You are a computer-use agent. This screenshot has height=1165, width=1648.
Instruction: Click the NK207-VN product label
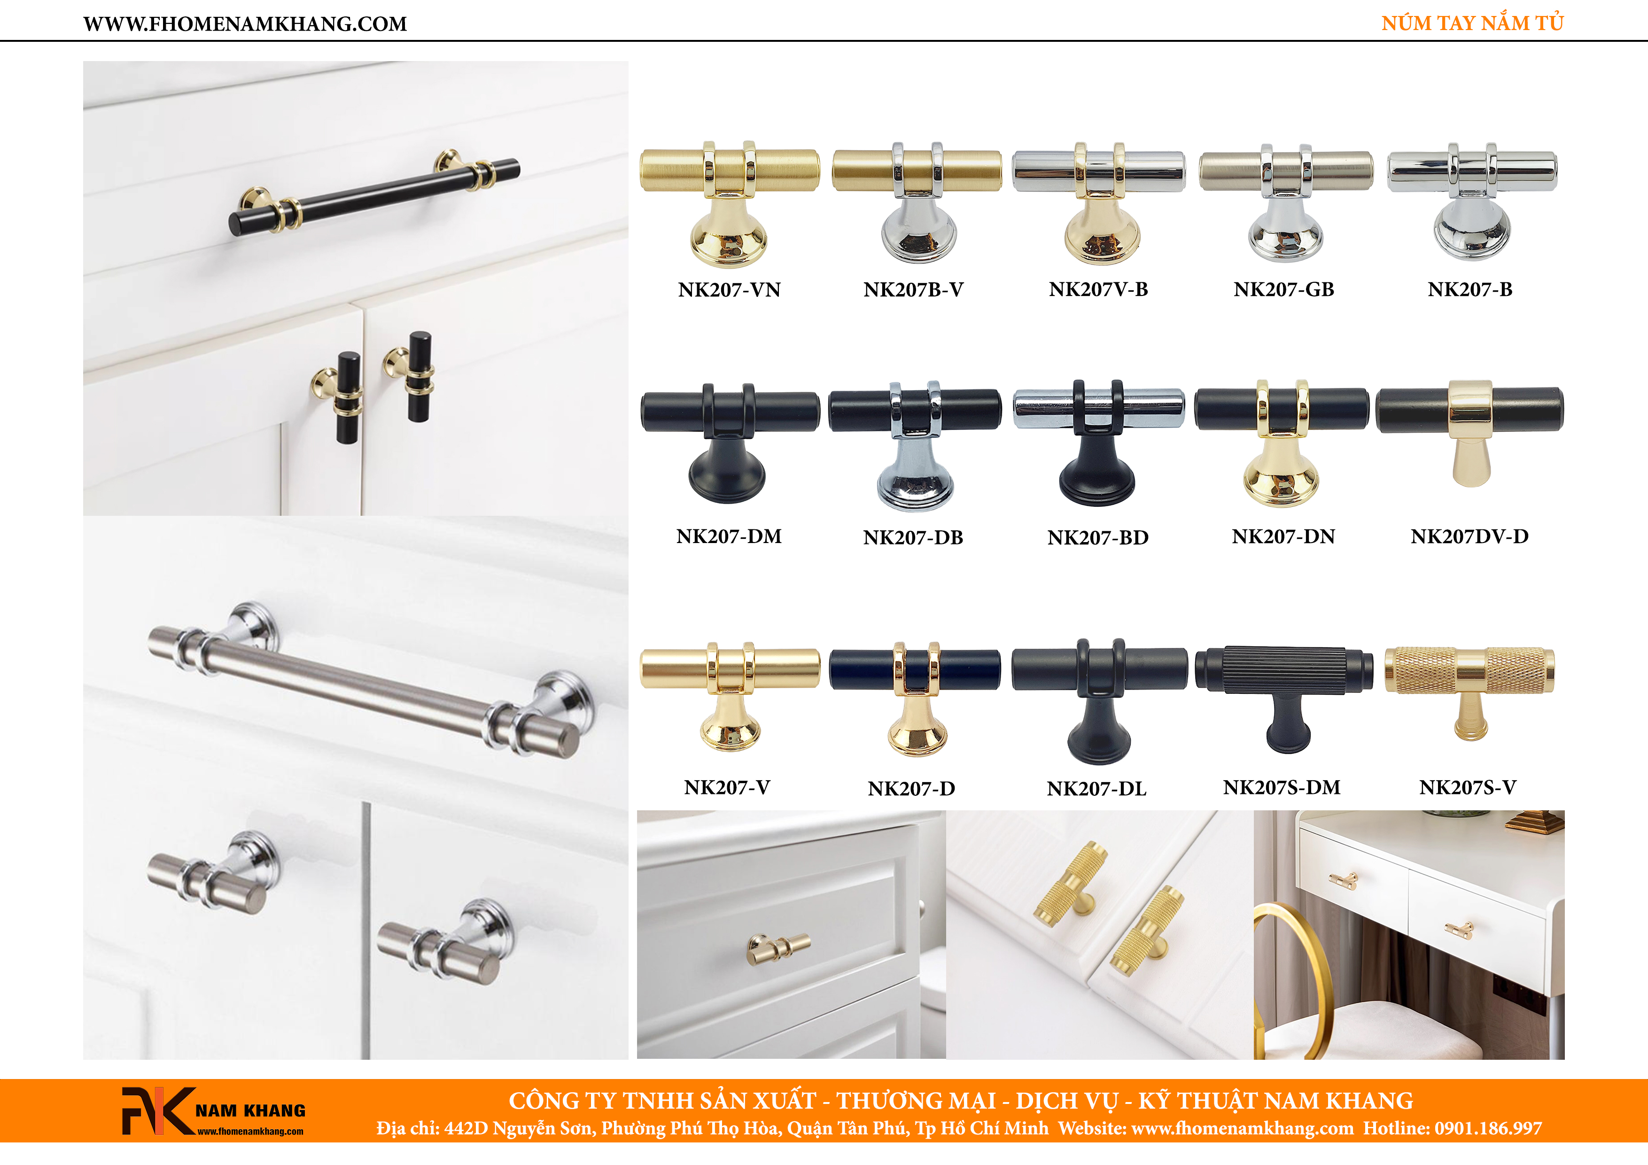[x=729, y=289]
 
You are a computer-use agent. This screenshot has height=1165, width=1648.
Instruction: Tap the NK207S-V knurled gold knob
[x=1469, y=691]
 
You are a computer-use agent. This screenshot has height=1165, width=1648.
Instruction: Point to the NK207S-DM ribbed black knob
[x=1284, y=696]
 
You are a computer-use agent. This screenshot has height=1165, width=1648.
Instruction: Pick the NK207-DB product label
[x=913, y=537]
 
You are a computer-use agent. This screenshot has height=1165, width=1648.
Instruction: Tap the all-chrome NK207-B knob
[x=1471, y=201]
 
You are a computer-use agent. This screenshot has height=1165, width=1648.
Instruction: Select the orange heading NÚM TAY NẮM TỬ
[x=1472, y=23]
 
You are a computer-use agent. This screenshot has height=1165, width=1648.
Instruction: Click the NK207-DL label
[x=1097, y=788]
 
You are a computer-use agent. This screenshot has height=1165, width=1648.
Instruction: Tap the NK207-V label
[x=727, y=787]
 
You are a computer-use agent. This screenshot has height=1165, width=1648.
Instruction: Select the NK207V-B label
[x=1098, y=289]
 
